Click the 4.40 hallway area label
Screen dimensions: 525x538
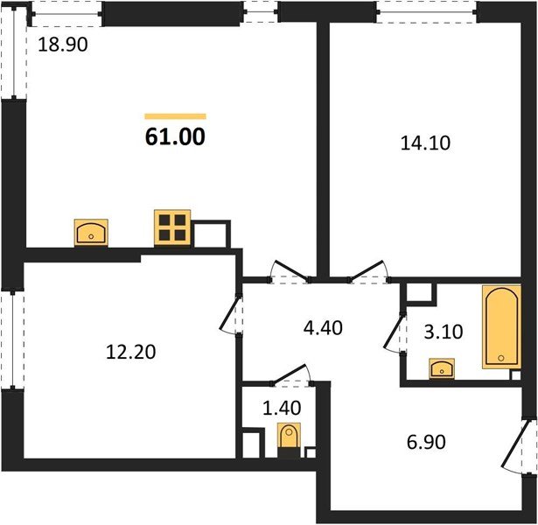(324, 329)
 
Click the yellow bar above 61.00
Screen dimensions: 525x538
(175, 115)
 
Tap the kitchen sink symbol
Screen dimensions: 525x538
(90, 233)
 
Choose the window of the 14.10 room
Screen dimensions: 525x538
(426, 10)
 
